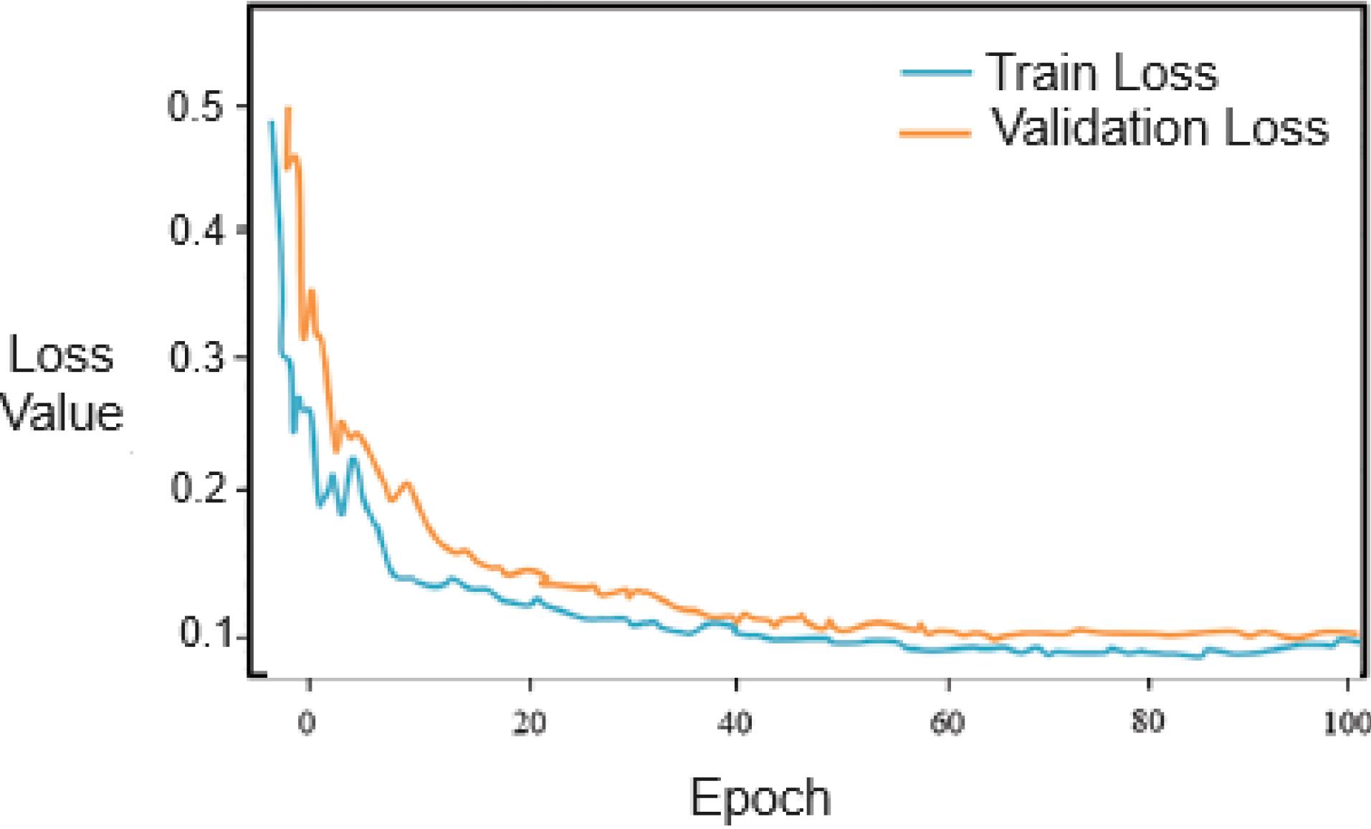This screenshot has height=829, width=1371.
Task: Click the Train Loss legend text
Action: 1102,72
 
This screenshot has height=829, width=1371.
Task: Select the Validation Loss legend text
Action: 1160,128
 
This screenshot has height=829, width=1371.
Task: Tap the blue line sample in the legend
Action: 936,72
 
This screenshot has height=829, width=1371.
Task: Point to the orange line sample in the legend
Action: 936,133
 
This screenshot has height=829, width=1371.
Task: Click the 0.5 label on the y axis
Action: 195,106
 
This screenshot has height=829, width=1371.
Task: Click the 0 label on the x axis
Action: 307,722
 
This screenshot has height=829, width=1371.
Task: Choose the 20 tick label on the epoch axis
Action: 529,723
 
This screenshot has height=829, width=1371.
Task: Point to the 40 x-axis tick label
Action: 735,723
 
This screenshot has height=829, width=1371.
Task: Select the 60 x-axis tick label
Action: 947,723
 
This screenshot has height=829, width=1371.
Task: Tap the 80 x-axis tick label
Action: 1147,722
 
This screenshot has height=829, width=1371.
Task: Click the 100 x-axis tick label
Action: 1345,723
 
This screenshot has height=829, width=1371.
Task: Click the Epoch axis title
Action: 760,797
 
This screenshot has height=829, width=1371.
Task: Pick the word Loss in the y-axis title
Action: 61,355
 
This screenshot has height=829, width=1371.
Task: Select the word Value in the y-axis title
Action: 63,413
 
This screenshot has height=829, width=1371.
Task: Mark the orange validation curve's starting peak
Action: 288,109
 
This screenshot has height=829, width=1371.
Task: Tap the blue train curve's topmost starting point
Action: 271,123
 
